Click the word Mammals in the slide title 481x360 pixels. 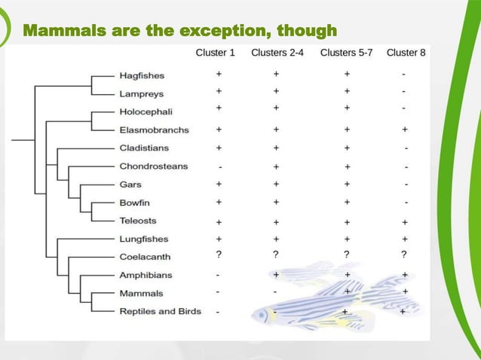pyautogui.click(x=60, y=31)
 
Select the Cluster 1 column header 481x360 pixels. pyautogui.click(x=216, y=53)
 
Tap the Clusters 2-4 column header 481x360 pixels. pyautogui.click(x=277, y=53)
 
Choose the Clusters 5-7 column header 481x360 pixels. pyautogui.click(x=346, y=53)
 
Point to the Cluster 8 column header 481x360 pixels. pyautogui.click(x=406, y=53)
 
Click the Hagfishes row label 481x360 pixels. pyautogui.click(x=142, y=75)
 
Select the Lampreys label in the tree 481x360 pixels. pyautogui.click(x=140, y=94)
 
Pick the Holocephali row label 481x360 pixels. pyautogui.click(x=146, y=112)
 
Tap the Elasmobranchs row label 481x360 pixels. pyautogui.click(x=154, y=130)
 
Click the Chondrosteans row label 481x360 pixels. pyautogui.click(x=153, y=166)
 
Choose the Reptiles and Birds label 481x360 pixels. pyautogui.click(x=160, y=311)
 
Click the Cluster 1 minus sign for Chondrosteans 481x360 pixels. pyautogui.click(x=219, y=166)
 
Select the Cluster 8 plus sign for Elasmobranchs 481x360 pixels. pyautogui.click(x=405, y=130)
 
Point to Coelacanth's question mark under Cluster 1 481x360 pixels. pyautogui.click(x=219, y=255)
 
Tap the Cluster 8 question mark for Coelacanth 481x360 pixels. pyautogui.click(x=405, y=255)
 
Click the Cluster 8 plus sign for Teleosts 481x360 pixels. pyautogui.click(x=405, y=222)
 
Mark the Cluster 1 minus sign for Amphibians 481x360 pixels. pyautogui.click(x=219, y=275)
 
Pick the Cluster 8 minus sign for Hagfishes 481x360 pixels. pyautogui.click(x=405, y=75)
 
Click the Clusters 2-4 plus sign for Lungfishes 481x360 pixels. pyautogui.click(x=276, y=239)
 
